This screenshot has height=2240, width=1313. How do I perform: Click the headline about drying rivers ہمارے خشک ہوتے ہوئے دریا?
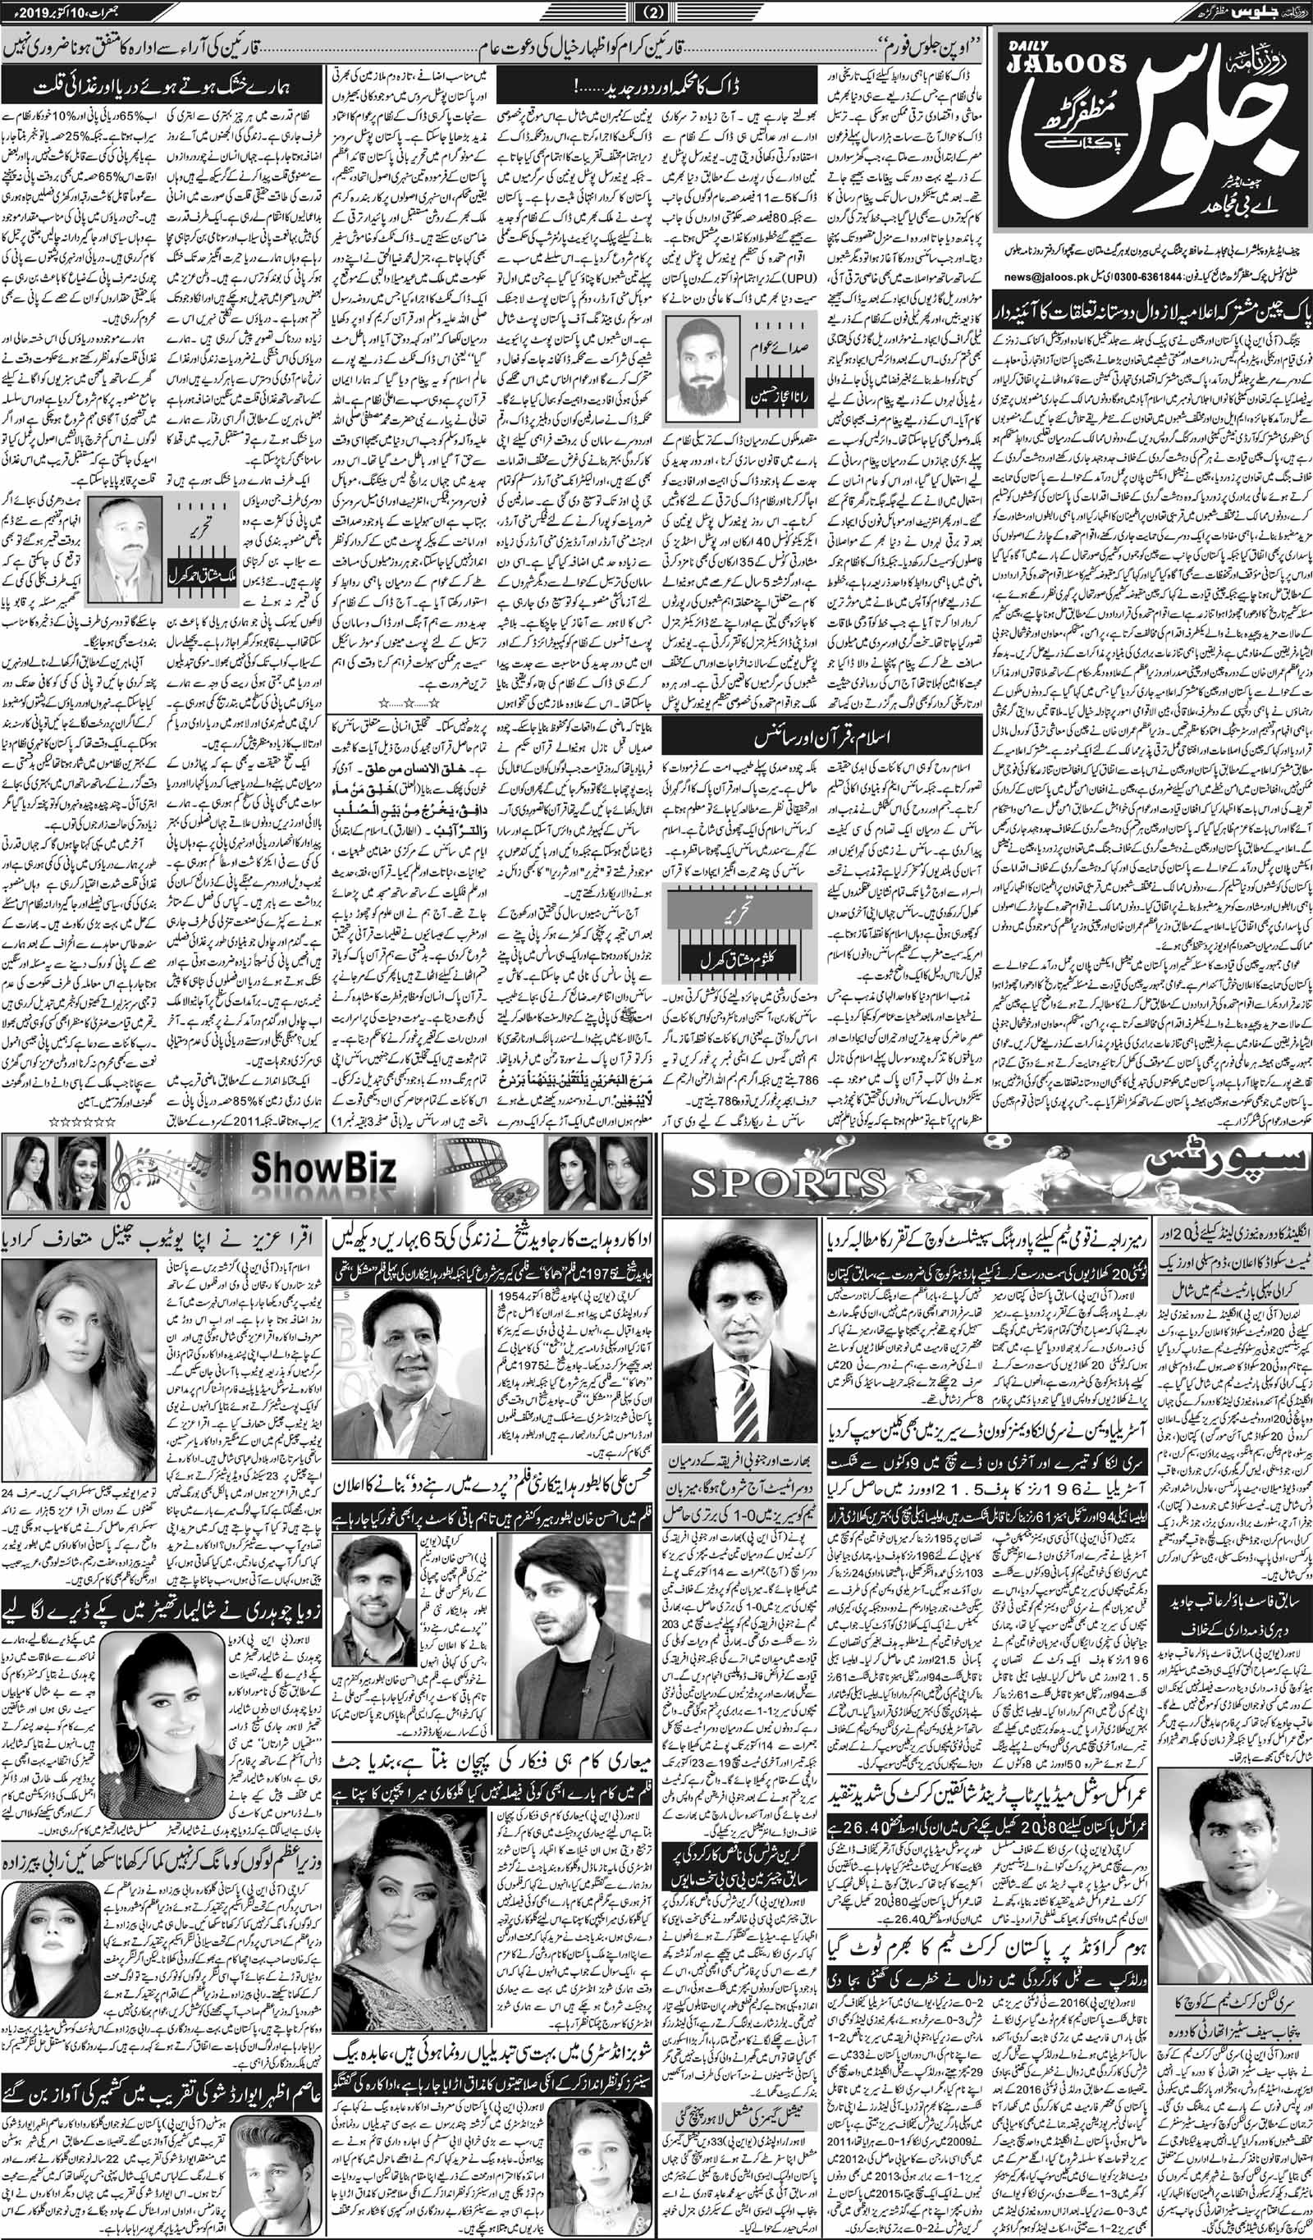tap(164, 88)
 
